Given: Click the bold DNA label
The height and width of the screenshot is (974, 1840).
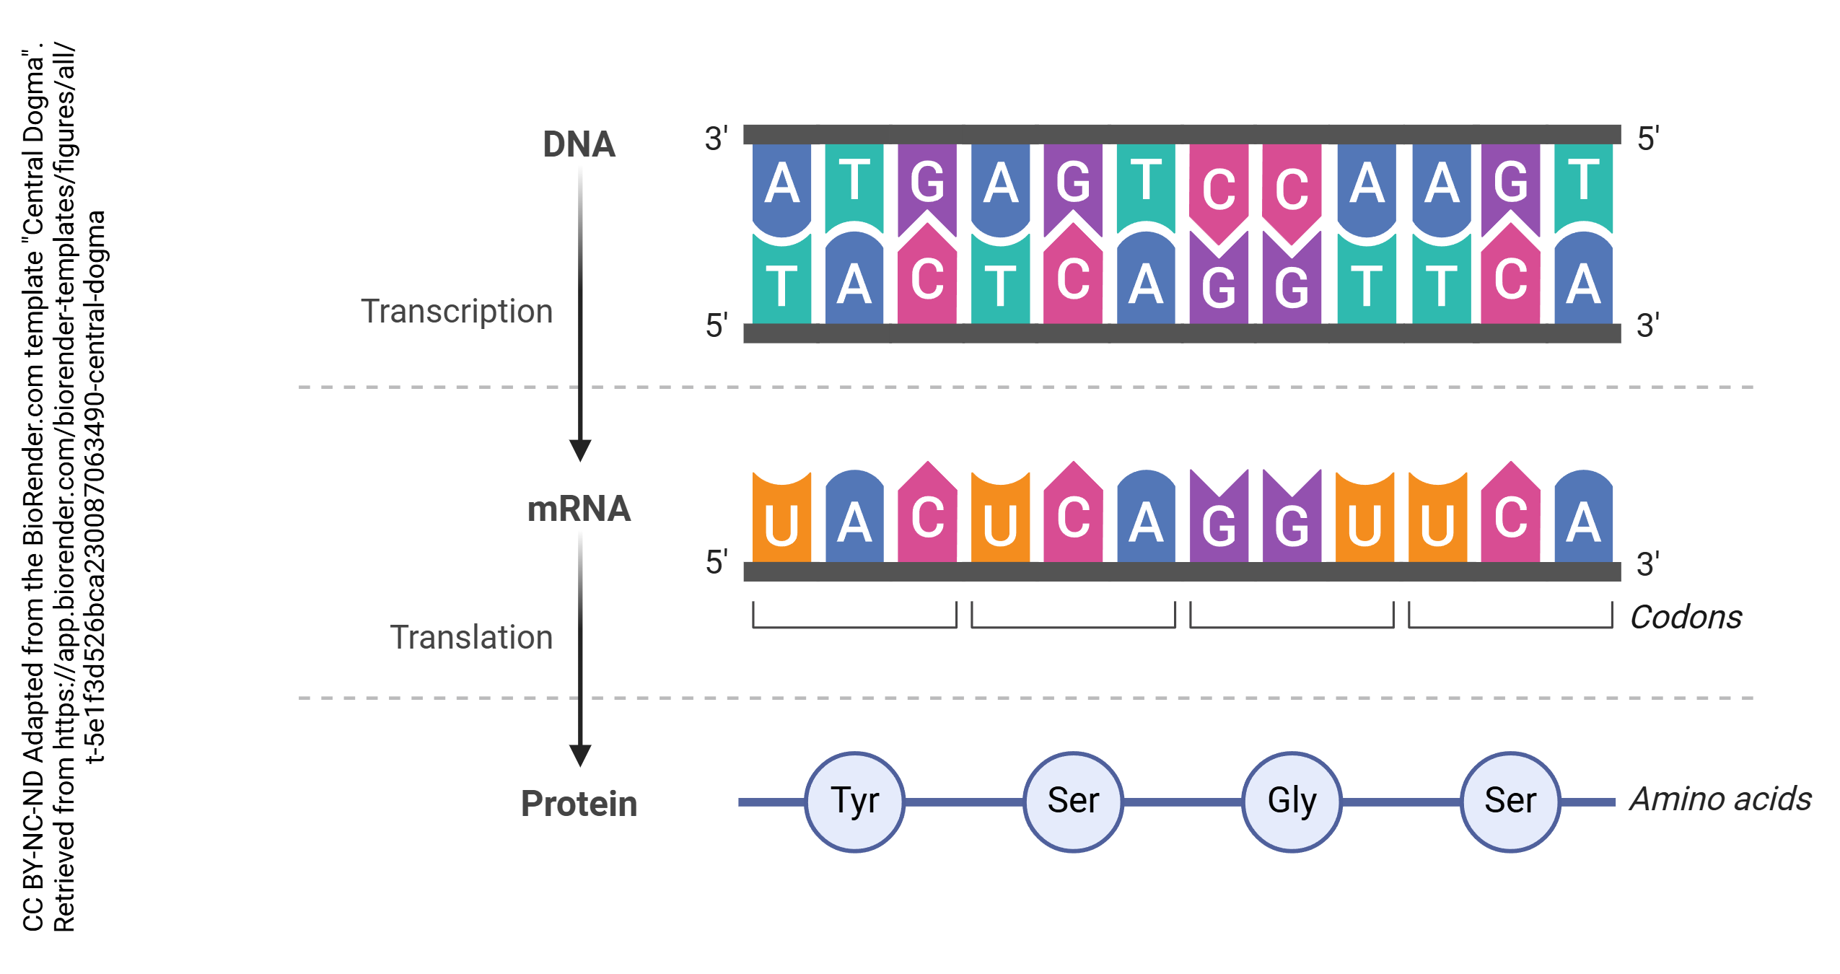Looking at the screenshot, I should point(579,144).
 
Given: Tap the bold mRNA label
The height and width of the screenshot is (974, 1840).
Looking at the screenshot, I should point(579,509).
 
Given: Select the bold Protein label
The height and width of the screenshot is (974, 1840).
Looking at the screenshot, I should point(579,804).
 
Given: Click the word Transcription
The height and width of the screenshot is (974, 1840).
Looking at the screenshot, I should point(457,312).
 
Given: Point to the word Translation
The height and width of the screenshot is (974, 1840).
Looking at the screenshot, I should point(471,638).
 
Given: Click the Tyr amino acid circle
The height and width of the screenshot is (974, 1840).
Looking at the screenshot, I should point(854,802).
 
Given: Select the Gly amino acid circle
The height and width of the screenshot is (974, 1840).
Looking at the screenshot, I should point(1292,802).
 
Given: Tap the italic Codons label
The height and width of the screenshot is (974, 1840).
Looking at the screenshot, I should point(1686,618).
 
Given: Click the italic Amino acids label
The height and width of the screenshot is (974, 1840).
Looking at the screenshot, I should point(1720,799).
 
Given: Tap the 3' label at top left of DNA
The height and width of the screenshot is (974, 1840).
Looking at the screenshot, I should point(717,139).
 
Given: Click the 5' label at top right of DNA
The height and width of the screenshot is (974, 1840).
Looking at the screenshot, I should point(1648,139).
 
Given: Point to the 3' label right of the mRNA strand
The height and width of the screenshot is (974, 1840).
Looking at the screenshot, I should point(1648,564).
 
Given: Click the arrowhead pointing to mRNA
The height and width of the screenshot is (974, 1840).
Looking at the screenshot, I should point(580,450).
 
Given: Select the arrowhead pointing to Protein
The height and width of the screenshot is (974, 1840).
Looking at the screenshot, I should point(580,755).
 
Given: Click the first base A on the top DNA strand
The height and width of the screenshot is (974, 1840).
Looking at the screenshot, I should point(781,184).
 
